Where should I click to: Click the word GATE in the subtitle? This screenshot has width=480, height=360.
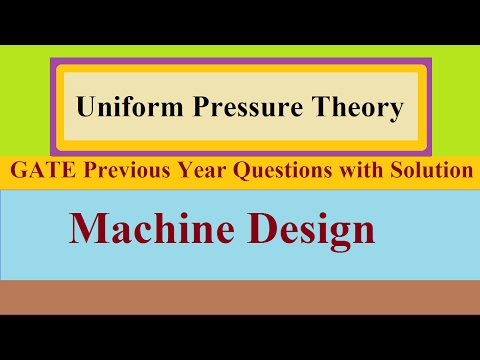click(x=40, y=171)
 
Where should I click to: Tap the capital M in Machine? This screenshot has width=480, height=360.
click(x=87, y=231)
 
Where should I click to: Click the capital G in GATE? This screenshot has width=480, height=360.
click(x=17, y=171)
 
